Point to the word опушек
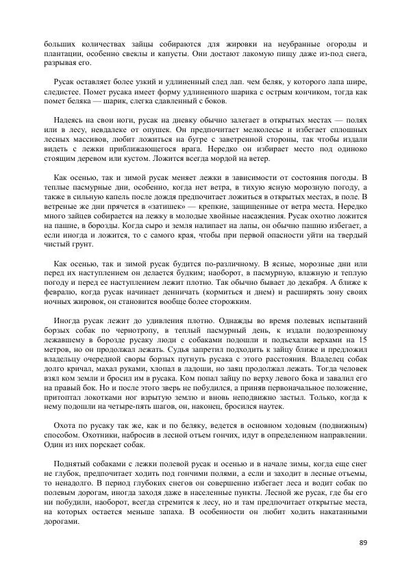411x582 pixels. tap(155, 129)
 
